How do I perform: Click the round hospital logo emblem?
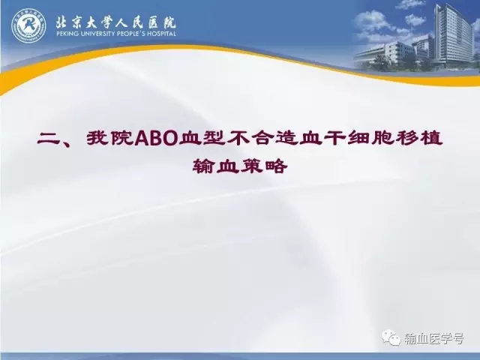(x=28, y=25)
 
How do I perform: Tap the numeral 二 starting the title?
(x=48, y=139)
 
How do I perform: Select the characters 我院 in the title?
(x=110, y=139)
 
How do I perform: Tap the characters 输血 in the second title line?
(x=216, y=166)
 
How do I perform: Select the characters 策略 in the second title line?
(x=263, y=166)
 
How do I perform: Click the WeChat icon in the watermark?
(x=391, y=337)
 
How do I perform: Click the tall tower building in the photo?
(x=453, y=35)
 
